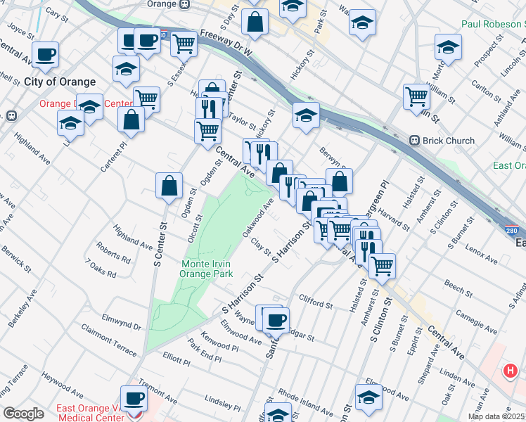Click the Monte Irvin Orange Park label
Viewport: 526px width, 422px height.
click(207, 269)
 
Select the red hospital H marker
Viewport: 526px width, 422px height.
click(511, 370)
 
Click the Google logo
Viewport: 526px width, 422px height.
click(23, 414)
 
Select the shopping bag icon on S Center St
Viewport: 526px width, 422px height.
click(169, 186)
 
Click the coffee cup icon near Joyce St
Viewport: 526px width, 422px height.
click(46, 54)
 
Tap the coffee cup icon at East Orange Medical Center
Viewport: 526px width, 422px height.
click(134, 398)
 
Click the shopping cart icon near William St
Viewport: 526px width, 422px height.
click(416, 96)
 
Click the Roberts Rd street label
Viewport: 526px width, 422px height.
click(114, 258)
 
